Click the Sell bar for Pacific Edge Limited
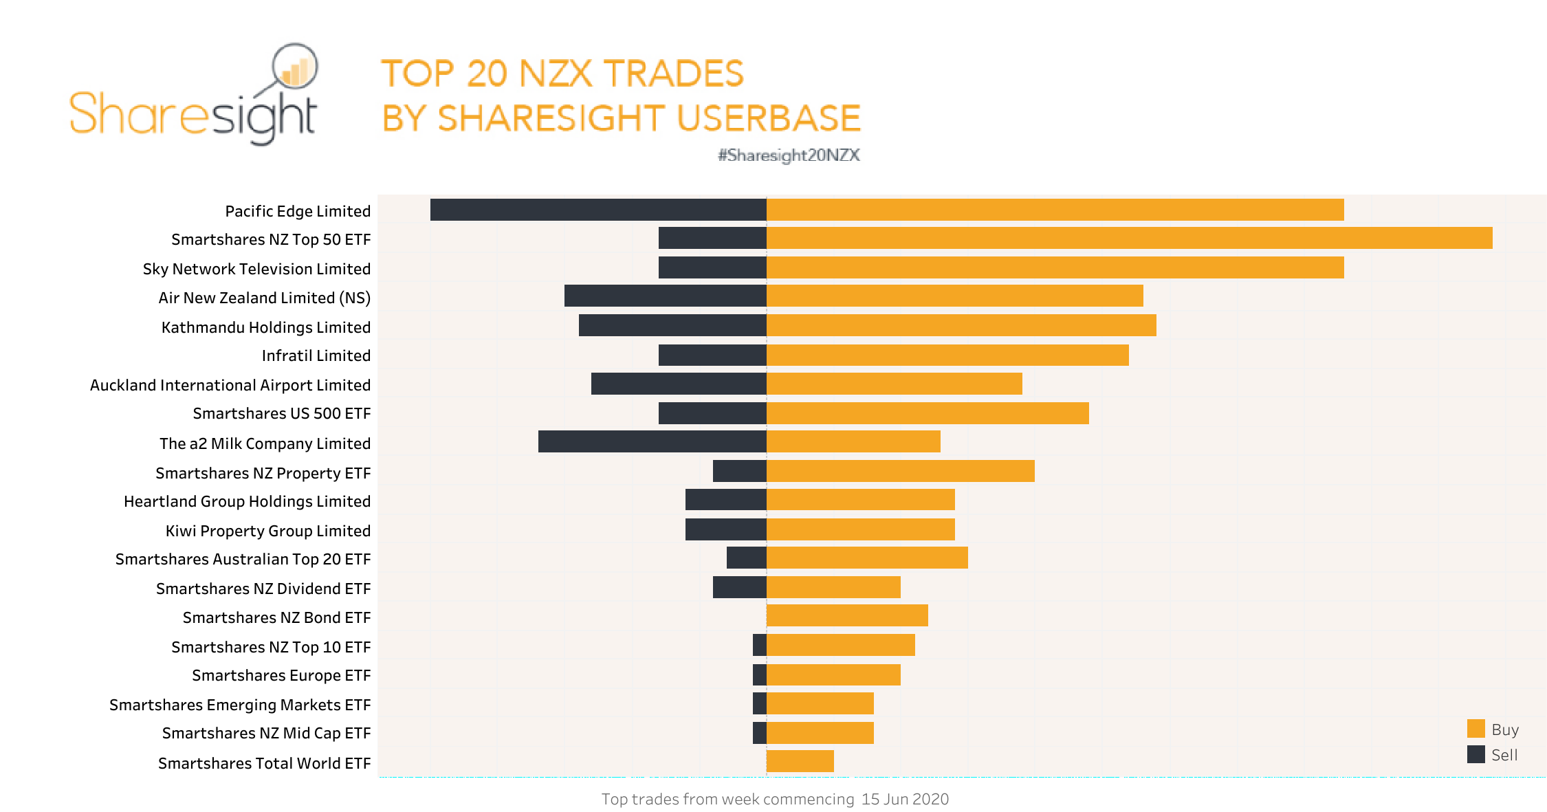point(598,210)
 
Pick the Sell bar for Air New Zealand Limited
point(665,296)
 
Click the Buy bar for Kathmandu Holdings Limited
point(961,325)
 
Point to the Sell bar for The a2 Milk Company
point(652,441)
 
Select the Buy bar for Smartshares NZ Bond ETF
point(847,615)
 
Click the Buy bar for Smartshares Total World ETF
point(800,761)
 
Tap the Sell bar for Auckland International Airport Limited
point(679,384)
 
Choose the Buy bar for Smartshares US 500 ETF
point(928,413)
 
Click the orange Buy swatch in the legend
point(1475,729)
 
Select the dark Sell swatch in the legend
point(1475,754)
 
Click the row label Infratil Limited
point(316,355)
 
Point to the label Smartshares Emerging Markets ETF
point(239,705)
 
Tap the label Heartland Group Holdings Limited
point(247,501)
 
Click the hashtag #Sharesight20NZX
point(789,155)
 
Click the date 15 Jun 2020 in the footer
point(905,799)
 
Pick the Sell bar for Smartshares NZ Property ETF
point(739,471)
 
